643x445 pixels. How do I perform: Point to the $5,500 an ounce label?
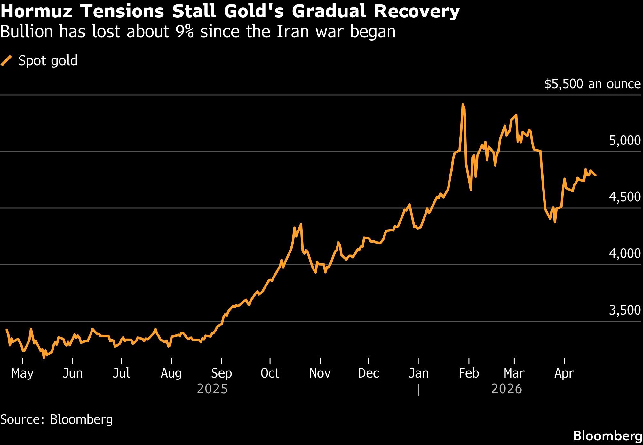coord(592,84)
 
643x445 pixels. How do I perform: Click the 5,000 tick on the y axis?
coord(624,140)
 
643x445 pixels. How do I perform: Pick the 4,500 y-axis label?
coord(624,197)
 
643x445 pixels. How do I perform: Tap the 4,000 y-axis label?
coord(624,254)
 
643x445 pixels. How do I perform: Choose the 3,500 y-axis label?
coord(624,310)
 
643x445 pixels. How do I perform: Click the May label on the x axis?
coord(22,373)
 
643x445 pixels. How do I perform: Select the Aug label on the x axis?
coord(171,373)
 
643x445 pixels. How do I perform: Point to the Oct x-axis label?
coord(270,373)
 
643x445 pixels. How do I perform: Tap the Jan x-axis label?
coord(419,373)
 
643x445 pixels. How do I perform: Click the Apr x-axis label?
coord(564,373)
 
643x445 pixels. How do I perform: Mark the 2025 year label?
coord(212,389)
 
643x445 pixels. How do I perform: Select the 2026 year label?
coord(506,389)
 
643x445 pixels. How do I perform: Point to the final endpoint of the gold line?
coord(595,175)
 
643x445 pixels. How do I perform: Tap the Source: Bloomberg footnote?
coord(57,419)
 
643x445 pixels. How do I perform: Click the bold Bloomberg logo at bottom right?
coord(607,436)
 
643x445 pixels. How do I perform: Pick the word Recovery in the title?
coord(417,12)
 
